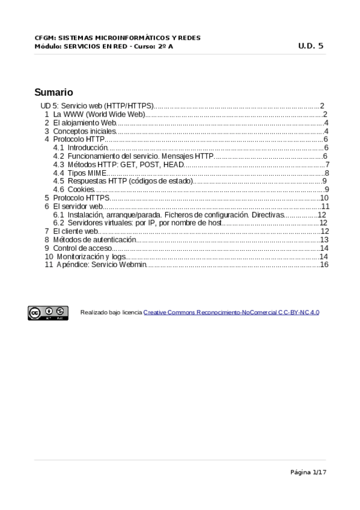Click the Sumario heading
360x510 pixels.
(x=53, y=93)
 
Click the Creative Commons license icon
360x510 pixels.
(x=47, y=312)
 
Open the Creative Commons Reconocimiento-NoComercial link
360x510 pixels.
(x=231, y=313)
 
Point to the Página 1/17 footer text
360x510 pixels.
(x=308, y=472)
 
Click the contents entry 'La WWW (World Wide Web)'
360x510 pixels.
(x=99, y=114)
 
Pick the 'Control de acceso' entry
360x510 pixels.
(x=82, y=248)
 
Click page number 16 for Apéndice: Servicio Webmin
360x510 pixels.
(x=324, y=265)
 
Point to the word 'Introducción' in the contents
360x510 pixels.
(x=88, y=147)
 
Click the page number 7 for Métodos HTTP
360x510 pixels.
(x=326, y=164)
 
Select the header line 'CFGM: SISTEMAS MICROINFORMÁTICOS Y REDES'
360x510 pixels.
(x=118, y=38)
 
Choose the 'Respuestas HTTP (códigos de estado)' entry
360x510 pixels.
(x=130, y=181)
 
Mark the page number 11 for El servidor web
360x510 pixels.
(x=325, y=206)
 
